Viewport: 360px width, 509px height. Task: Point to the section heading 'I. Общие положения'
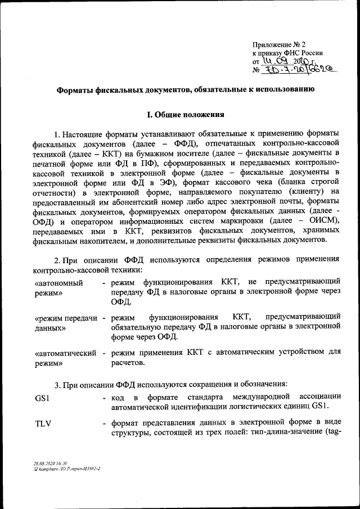pyautogui.click(x=186, y=115)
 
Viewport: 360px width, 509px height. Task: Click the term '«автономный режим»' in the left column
pyautogui.click(x=58, y=287)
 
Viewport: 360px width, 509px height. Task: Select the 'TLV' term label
pyautogui.click(x=43, y=424)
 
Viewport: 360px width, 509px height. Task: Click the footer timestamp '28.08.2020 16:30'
pyautogui.click(x=50, y=463)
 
